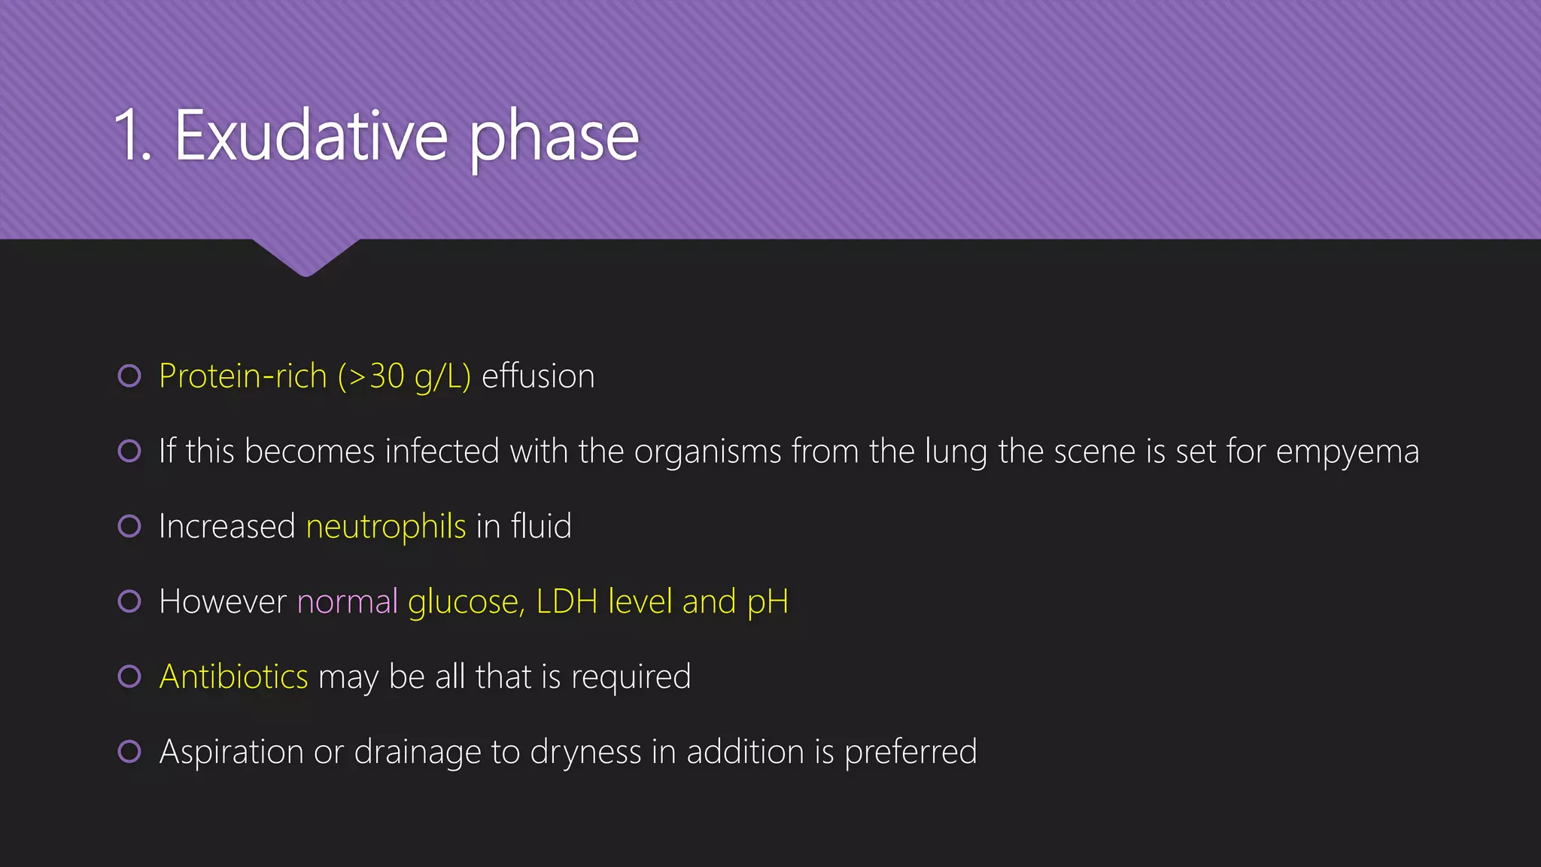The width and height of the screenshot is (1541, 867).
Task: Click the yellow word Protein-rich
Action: coord(242,376)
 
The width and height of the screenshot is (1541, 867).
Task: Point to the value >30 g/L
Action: coord(405,376)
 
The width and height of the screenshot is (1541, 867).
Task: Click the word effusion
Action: coord(538,376)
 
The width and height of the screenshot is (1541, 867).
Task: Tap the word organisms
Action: coord(707,452)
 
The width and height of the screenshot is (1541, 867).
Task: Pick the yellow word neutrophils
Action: coord(386,526)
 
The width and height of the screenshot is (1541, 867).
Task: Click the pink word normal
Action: coord(347,601)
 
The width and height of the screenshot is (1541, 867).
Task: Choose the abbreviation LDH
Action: coord(567,601)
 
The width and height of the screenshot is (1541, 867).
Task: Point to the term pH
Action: coord(767,602)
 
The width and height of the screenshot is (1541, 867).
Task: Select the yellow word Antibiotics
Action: coord(233,677)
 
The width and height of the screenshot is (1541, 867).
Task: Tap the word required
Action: coord(631,677)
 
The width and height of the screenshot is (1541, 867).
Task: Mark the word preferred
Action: coord(910,752)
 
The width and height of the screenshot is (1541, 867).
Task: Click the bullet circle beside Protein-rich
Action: coord(129,376)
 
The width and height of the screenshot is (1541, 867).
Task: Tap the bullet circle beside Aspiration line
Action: coord(129,751)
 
